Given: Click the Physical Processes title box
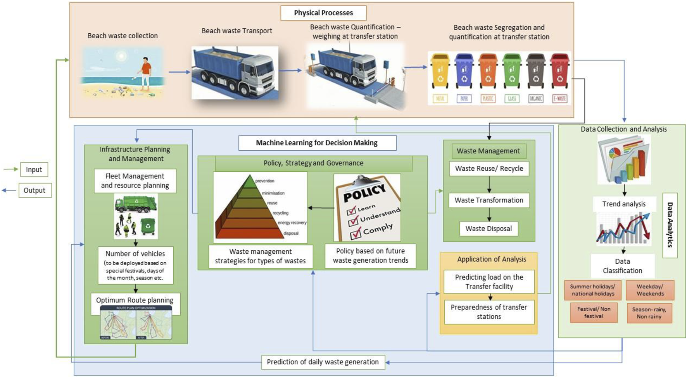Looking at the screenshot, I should point(323,13).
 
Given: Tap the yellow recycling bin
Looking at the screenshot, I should point(440,72).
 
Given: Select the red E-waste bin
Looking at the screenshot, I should point(559,72).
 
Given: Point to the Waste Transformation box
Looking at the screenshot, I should point(489,200).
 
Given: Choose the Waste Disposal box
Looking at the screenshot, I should point(488,229).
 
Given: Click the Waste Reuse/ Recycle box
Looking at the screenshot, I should point(489,168).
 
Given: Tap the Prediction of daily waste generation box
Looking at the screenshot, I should point(323,362).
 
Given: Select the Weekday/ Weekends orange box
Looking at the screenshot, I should point(650,290).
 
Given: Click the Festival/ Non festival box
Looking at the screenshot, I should point(594,313).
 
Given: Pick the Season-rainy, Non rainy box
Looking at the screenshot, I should point(649,313).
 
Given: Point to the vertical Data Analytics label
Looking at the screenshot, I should point(670,225).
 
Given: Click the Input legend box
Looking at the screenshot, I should point(34,170).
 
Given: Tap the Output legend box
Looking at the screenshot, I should point(35,191).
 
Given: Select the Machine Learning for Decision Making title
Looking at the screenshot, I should point(317,143).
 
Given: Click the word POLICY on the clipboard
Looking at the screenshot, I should point(364,192).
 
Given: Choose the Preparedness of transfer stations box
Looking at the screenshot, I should point(489,312).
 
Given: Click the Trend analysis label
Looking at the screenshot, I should point(624,204).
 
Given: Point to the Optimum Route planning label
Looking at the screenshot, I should point(135,300).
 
